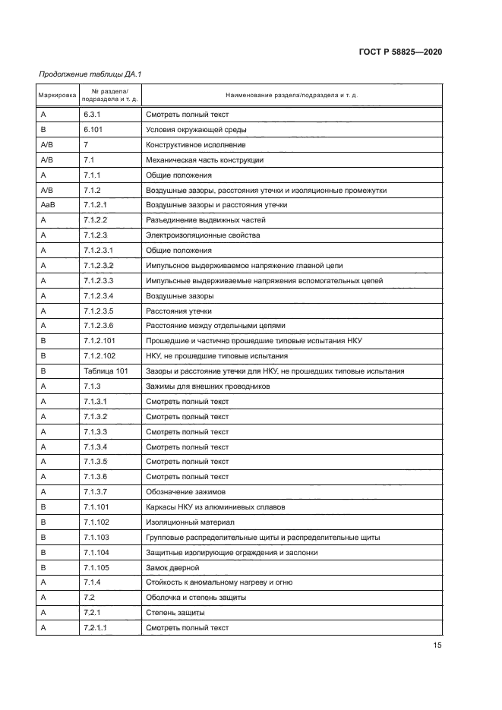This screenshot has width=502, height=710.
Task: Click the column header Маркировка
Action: click(57, 96)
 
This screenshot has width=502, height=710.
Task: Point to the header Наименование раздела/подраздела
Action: click(292, 96)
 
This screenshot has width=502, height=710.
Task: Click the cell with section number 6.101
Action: click(94, 130)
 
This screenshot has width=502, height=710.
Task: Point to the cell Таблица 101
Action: click(106, 371)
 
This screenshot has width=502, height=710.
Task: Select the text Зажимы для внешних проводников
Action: click(207, 387)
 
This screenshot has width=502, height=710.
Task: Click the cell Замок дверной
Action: click(172, 567)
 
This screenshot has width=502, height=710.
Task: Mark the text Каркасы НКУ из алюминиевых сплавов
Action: click(216, 506)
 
